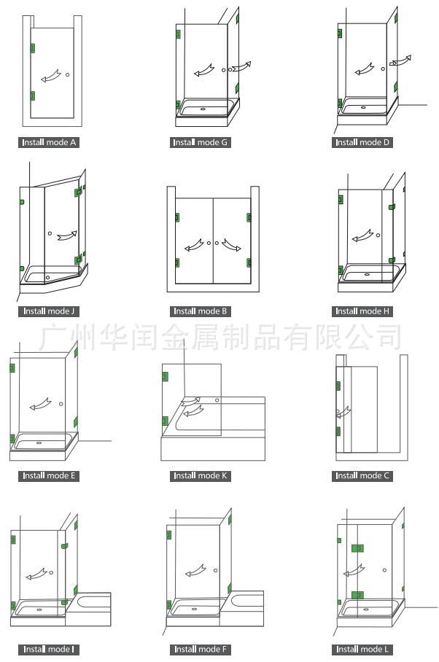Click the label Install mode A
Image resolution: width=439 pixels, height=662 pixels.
pos(49,142)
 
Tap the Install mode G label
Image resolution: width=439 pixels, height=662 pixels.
pos(201,142)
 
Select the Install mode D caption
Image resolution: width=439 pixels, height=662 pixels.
pos(362,142)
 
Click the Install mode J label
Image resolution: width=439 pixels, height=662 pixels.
pos(49,311)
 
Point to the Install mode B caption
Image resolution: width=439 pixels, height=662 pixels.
pos(201,311)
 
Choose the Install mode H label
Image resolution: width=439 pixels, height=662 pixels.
pos(362,311)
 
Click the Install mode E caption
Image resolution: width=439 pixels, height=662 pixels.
pos(49,476)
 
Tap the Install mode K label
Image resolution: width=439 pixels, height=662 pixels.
pos(201,476)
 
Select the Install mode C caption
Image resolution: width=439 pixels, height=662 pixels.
pos(362,476)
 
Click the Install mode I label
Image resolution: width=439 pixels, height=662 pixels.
pos(49,649)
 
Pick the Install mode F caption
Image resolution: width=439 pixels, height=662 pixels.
pos(201,649)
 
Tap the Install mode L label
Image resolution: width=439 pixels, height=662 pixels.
pos(362,649)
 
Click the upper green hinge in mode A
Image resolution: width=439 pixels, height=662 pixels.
pos(32,49)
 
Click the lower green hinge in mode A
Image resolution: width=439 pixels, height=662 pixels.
pos(32,96)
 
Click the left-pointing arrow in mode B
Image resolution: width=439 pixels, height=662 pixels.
pos(194,246)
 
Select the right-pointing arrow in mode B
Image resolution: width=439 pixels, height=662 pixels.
pos(232,246)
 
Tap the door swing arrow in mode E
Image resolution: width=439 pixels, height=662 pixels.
pos(38,405)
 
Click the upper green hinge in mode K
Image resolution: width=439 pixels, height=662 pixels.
pos(165,376)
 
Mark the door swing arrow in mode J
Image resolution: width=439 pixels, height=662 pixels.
pos(66,235)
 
